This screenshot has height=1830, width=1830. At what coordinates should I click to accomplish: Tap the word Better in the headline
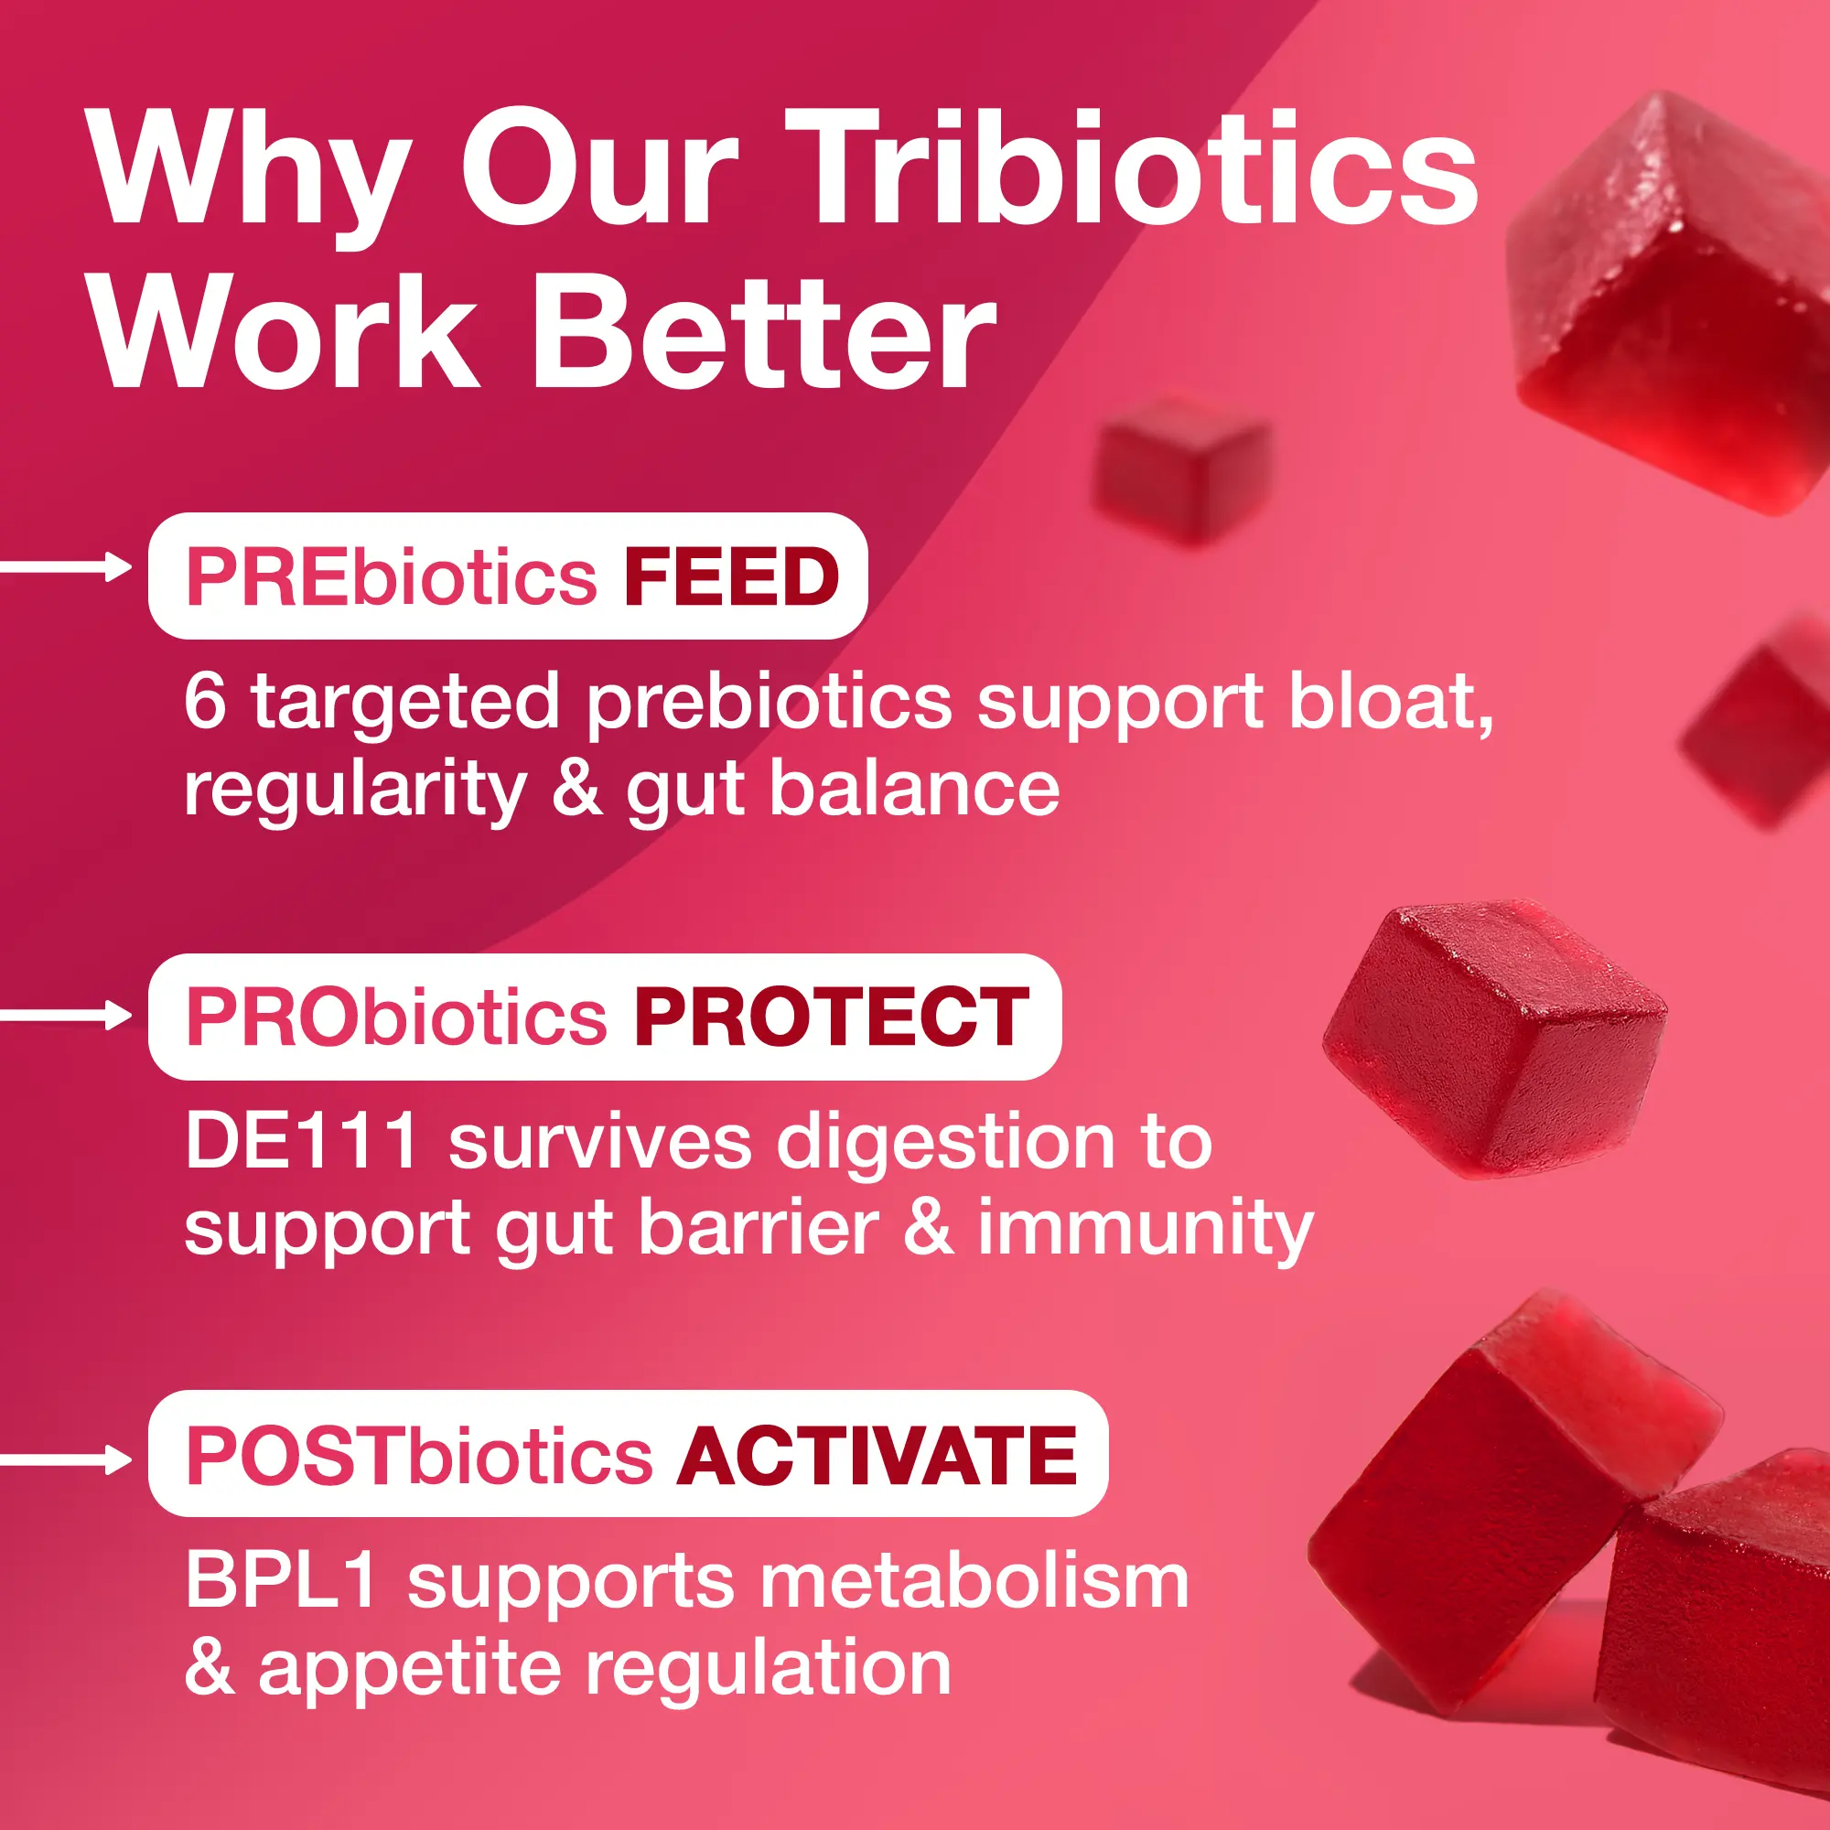765,332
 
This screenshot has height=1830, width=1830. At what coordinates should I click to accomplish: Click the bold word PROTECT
832,1017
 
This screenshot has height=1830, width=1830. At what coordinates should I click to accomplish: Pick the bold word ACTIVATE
877,1456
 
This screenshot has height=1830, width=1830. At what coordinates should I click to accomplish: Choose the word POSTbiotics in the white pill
420,1456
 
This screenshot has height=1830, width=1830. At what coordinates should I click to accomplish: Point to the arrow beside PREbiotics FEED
66,567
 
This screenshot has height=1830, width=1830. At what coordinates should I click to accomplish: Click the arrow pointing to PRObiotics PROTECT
66,1016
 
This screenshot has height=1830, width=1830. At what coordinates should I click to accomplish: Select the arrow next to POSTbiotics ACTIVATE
66,1459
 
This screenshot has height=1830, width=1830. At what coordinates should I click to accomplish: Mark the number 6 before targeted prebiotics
206,701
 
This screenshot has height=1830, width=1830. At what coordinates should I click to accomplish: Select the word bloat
1392,703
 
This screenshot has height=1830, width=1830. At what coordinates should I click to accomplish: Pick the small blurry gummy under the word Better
1181,469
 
